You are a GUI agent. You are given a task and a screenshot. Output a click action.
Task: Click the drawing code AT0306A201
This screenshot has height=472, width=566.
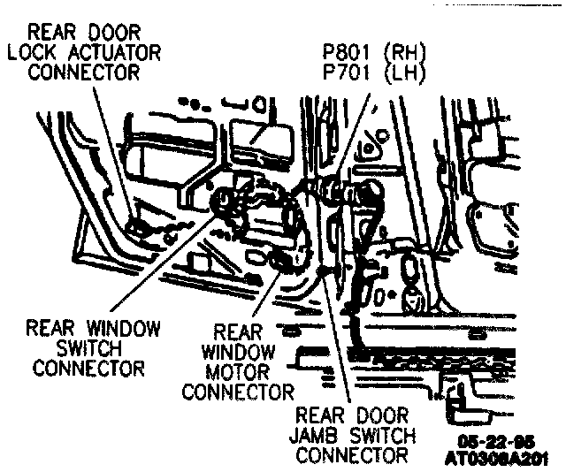tap(497, 457)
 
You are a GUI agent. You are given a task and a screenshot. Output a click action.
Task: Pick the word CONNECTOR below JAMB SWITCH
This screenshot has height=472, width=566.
tap(352, 455)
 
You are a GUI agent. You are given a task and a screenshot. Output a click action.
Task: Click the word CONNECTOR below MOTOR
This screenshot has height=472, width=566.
tap(237, 391)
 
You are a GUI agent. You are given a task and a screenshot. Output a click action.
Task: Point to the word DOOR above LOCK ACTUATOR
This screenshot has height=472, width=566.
tap(114, 33)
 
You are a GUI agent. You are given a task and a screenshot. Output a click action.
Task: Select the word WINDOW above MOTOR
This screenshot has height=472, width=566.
tap(237, 352)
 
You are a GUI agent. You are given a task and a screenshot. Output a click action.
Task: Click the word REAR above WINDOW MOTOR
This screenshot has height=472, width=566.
tap(238, 332)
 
